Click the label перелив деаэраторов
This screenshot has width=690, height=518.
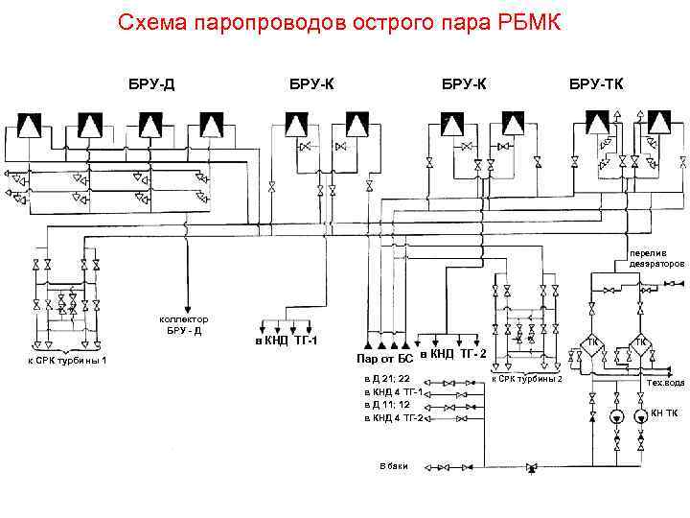[x=656, y=257]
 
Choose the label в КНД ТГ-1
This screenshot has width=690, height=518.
[x=286, y=341]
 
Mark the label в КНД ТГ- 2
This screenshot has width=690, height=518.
[x=452, y=354]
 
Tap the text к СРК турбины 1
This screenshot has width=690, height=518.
[x=67, y=360]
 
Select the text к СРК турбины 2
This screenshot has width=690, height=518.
[x=526, y=379]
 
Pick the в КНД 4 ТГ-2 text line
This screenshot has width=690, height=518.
[x=394, y=417]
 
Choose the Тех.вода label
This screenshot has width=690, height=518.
[x=665, y=383]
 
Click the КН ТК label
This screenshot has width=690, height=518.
[x=664, y=413]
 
